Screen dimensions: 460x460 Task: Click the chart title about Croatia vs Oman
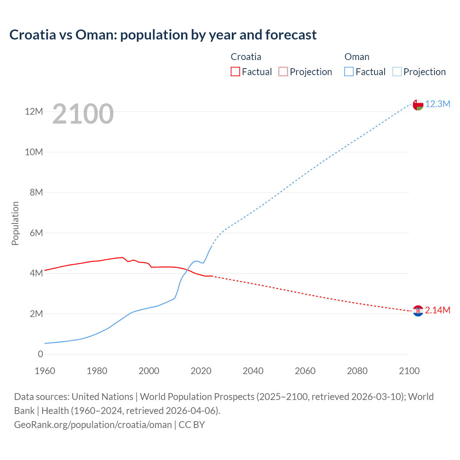coord(163,35)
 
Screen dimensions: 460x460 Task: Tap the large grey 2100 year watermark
coord(83,114)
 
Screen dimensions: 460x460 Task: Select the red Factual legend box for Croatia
coord(235,72)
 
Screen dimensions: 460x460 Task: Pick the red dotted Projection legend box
coord(283,72)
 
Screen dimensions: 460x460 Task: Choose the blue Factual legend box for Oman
coord(349,72)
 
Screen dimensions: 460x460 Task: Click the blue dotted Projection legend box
coord(397,72)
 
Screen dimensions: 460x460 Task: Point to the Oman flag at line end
coord(418,105)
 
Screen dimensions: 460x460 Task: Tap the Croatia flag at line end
coord(418,311)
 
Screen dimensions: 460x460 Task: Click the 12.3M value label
coord(438,104)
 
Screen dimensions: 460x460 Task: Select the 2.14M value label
coord(437,310)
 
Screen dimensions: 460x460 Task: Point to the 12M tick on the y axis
coord(34,112)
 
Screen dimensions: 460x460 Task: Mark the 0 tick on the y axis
coord(40,354)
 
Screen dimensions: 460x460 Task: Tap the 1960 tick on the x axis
coord(45,371)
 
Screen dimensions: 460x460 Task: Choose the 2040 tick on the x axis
coord(253,371)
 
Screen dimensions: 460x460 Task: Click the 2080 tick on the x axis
coord(357,371)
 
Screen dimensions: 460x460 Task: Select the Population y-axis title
coord(15,223)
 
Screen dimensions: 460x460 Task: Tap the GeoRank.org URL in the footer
coord(93,425)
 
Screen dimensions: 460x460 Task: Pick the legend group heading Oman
coord(357,57)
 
